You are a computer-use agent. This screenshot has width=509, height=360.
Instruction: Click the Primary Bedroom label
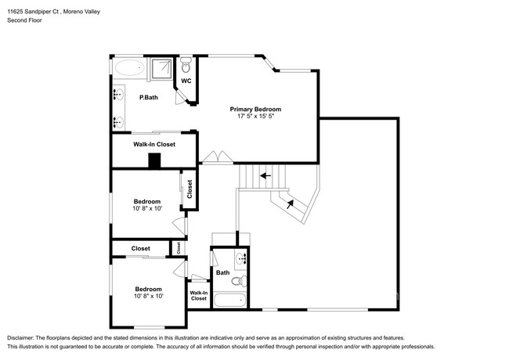(x=255, y=110)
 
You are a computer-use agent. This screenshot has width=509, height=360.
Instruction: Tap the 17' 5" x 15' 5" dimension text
(x=256, y=116)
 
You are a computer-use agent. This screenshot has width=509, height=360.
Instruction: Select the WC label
(x=186, y=81)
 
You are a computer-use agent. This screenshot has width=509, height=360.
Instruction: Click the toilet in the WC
(x=186, y=65)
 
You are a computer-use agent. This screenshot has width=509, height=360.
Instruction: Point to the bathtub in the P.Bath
(x=130, y=67)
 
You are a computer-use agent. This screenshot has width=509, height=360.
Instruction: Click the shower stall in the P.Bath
(x=161, y=69)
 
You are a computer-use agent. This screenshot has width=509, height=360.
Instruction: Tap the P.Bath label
(x=149, y=97)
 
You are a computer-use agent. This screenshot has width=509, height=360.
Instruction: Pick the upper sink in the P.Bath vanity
(x=118, y=95)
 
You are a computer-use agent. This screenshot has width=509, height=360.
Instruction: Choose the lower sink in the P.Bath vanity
(x=118, y=122)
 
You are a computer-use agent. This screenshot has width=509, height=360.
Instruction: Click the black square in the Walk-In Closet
(x=154, y=161)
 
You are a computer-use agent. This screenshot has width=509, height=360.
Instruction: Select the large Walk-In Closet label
(x=154, y=144)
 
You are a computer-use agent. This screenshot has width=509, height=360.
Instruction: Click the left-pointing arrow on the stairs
(x=265, y=176)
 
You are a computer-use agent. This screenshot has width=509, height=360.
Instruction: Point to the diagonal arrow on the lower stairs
(x=291, y=204)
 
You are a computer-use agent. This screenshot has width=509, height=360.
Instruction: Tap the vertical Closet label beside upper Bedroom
(x=190, y=189)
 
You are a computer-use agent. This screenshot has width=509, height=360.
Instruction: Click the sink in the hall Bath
(x=241, y=259)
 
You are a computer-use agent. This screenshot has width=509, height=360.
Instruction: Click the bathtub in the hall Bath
(x=229, y=301)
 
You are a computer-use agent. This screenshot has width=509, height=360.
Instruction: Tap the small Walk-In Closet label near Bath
(x=199, y=296)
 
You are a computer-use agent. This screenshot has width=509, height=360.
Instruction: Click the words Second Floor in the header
(x=25, y=20)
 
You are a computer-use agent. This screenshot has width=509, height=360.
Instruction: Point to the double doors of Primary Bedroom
(x=218, y=157)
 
